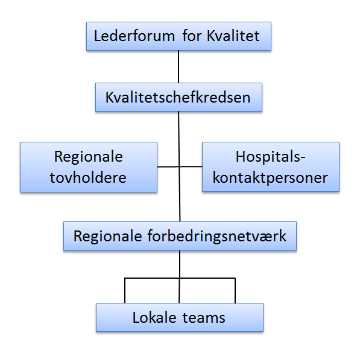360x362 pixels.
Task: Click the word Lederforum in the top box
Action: (134, 36)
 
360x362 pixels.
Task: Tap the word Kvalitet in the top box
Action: (233, 36)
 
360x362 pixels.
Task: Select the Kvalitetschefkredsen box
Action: (178, 97)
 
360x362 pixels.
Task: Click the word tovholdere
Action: (88, 177)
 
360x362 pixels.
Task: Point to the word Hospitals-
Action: (271, 157)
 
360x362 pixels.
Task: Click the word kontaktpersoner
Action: (270, 178)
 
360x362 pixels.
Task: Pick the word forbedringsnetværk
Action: (216, 237)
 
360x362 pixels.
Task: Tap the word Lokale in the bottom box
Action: (154, 317)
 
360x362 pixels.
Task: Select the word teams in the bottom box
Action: (204, 318)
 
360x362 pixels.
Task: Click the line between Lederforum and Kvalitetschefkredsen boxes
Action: (178, 66)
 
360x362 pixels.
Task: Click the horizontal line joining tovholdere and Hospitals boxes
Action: (180, 167)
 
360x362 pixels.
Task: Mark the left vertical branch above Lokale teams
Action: (125, 290)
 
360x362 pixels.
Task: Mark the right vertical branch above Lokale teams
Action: (235, 290)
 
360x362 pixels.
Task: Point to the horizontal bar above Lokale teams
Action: (180, 278)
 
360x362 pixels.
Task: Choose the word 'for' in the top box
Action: (192, 36)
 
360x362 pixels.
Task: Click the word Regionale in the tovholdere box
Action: (89, 157)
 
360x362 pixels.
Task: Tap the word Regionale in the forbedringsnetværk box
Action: (107, 237)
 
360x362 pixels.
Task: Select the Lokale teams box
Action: (180, 317)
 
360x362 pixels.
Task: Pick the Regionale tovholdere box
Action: (89, 167)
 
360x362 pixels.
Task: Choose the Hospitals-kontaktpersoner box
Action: (271, 167)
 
